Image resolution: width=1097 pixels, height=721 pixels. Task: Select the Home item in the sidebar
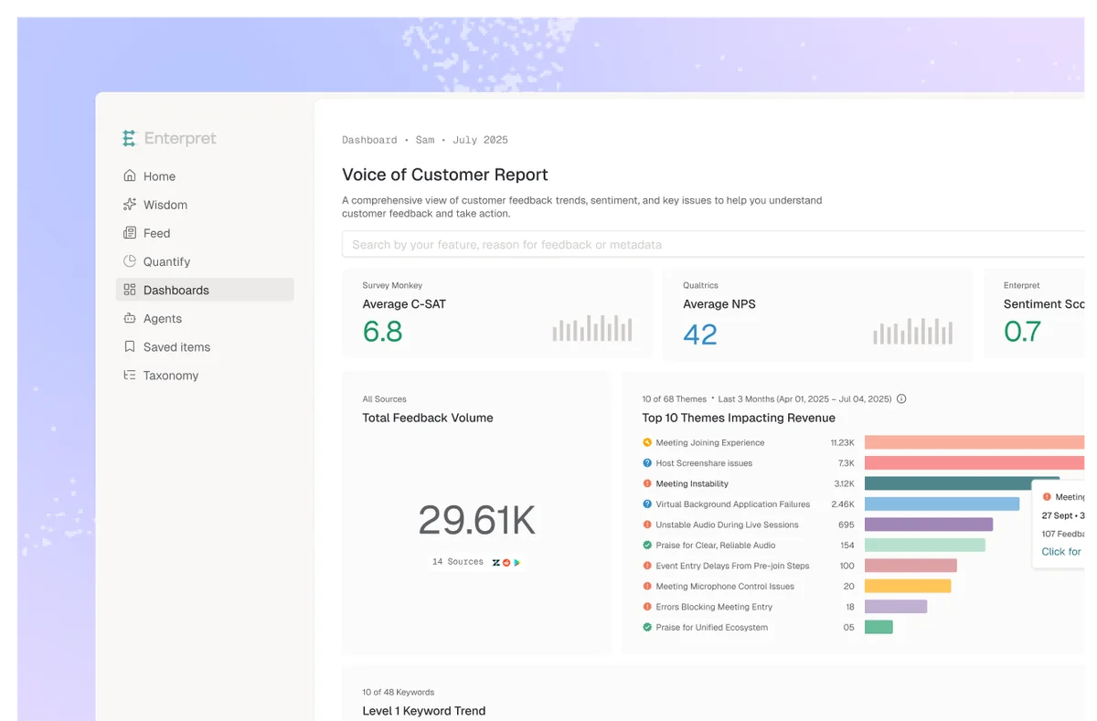coord(158,176)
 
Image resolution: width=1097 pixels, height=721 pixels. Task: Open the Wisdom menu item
coord(165,205)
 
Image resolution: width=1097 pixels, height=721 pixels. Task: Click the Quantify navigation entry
coord(166,261)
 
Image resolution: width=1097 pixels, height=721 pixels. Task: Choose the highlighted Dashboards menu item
coord(176,290)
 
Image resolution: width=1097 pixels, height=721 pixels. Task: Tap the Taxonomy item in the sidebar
coord(170,376)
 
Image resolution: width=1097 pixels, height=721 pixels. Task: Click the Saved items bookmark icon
coord(129,347)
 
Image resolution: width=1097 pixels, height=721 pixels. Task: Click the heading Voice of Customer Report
coord(444,175)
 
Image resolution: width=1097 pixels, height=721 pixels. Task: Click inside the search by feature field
coord(640,245)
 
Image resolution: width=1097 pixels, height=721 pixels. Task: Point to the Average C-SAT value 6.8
coord(382,331)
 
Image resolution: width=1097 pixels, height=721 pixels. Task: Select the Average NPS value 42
coord(700,334)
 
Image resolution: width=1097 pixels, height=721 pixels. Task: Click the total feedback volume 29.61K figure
coord(476,520)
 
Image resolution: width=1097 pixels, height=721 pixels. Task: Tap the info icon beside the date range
coord(901,399)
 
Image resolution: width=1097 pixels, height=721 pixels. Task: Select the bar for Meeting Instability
coord(960,483)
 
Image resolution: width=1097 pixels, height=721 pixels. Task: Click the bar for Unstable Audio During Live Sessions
coord(928,525)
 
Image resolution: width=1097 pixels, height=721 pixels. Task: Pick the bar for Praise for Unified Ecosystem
coord(879,627)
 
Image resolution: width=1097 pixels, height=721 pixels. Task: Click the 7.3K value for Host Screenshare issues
coord(846,463)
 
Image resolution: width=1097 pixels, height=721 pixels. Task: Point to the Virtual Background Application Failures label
coord(732,504)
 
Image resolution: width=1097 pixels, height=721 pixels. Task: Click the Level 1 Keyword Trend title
coord(423,711)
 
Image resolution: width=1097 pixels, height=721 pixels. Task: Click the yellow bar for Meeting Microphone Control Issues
coord(907,587)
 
